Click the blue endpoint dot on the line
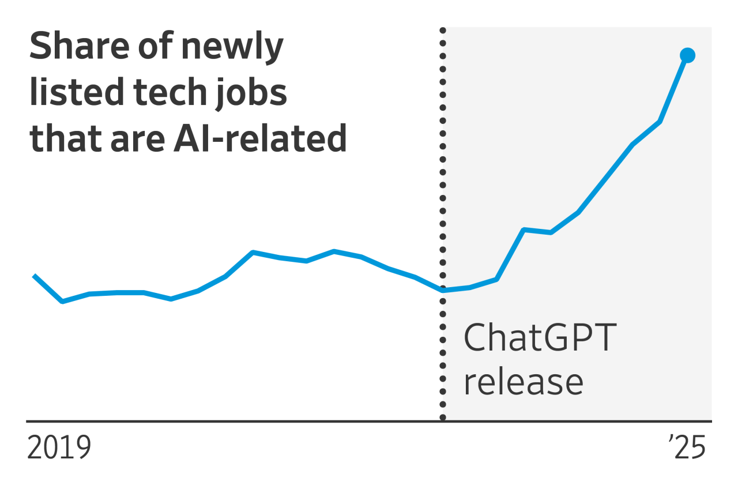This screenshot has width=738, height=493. [687, 55]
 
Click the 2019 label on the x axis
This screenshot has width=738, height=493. [59, 449]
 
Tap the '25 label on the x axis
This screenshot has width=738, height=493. [687, 449]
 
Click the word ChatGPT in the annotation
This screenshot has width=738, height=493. [540, 338]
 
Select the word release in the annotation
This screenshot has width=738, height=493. [524, 382]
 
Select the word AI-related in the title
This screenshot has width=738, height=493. [259, 138]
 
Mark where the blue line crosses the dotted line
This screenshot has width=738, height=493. [443, 290]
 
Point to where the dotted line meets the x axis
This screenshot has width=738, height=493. [443, 420]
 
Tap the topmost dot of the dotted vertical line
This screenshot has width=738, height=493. [443, 30]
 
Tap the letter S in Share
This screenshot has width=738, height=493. [40, 47]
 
